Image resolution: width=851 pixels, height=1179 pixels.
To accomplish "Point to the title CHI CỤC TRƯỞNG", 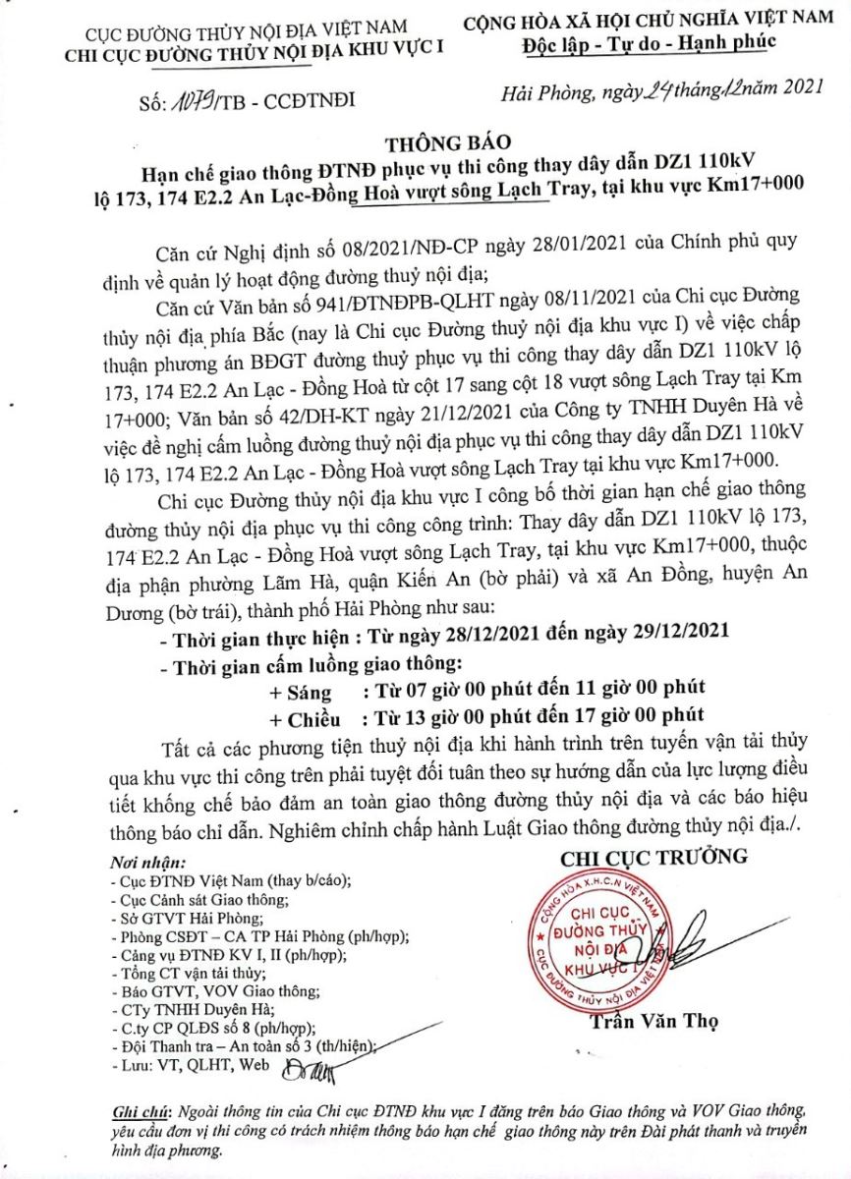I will click(653, 857).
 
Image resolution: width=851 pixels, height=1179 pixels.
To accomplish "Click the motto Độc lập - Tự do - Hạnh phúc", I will click(649, 41).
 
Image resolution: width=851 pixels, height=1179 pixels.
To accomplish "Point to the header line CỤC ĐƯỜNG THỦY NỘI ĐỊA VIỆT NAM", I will click(211, 33).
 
